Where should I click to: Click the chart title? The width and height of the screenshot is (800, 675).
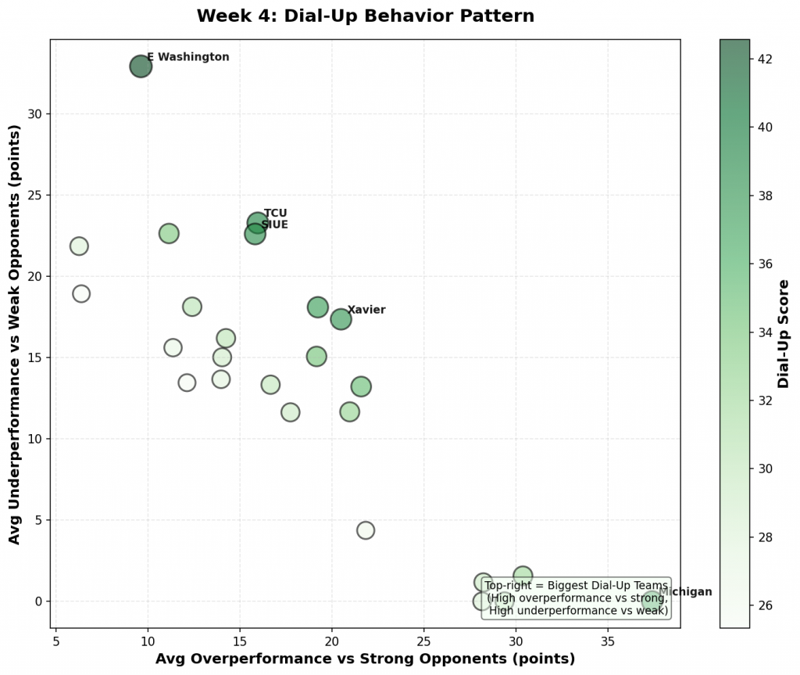coord(365,16)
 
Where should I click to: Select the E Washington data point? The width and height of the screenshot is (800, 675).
coord(141,66)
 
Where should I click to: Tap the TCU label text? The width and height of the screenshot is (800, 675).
coord(276,214)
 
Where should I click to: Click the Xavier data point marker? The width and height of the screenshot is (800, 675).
coord(341,319)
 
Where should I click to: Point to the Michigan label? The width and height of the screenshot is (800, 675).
coord(686,592)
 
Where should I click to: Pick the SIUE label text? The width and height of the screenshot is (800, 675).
coord(274,225)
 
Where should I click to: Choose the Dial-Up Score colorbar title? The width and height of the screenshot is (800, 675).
coord(784,334)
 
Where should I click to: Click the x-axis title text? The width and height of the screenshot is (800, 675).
coord(365,659)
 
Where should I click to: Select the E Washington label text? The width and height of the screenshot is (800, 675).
coord(188,57)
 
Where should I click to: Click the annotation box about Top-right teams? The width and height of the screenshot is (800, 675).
coord(577,598)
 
